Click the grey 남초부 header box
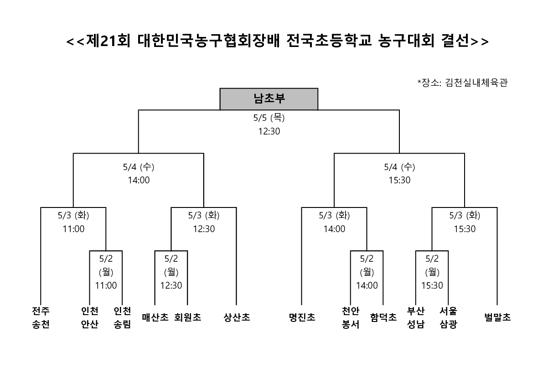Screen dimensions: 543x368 click(x=269, y=99)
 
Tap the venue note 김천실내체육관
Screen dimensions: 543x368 click(x=476, y=83)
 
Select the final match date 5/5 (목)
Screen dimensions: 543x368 click(x=269, y=118)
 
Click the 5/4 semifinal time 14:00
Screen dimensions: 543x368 click(x=139, y=180)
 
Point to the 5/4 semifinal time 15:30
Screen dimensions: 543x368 click(x=399, y=180)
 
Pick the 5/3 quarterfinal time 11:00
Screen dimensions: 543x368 click(x=73, y=229)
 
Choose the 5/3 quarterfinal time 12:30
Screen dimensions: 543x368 click(x=204, y=229)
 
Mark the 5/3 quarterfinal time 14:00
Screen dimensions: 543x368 click(x=334, y=229)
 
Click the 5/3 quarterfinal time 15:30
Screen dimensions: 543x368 click(x=465, y=229)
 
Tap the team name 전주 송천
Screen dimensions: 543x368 click(x=41, y=317)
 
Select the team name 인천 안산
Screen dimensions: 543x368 click(x=90, y=317)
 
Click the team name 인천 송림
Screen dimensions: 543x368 click(x=122, y=317)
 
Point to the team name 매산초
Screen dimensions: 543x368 click(x=155, y=317)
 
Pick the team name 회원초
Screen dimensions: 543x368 click(x=188, y=317)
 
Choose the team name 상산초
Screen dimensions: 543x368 click(x=237, y=317)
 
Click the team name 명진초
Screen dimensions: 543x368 click(x=302, y=317)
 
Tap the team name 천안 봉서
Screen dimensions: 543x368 click(x=351, y=317)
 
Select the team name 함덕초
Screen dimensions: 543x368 click(x=383, y=317)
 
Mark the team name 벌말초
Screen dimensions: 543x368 click(x=497, y=317)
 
